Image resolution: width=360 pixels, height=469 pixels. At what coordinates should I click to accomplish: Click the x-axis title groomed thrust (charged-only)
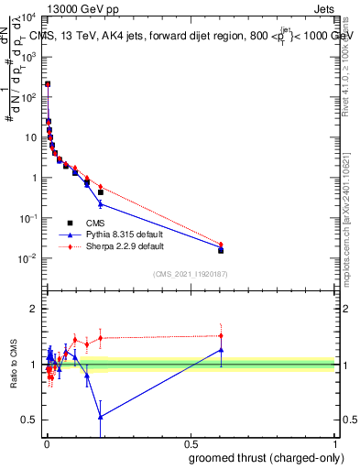pyautogui.click(x=265, y=457)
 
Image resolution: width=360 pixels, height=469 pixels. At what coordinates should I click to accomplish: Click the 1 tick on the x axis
pyautogui.click(x=335, y=442)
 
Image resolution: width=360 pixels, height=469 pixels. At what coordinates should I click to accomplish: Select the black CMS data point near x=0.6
pyautogui.click(x=221, y=249)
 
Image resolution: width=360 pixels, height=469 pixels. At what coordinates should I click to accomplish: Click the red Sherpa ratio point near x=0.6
pyautogui.click(x=221, y=335)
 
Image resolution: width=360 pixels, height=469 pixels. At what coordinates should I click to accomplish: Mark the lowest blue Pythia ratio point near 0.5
pyautogui.click(x=100, y=417)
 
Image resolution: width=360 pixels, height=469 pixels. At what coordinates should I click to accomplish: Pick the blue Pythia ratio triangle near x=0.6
pyautogui.click(x=221, y=349)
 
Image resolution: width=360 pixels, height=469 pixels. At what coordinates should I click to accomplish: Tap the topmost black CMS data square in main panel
pyautogui.click(x=48, y=84)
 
